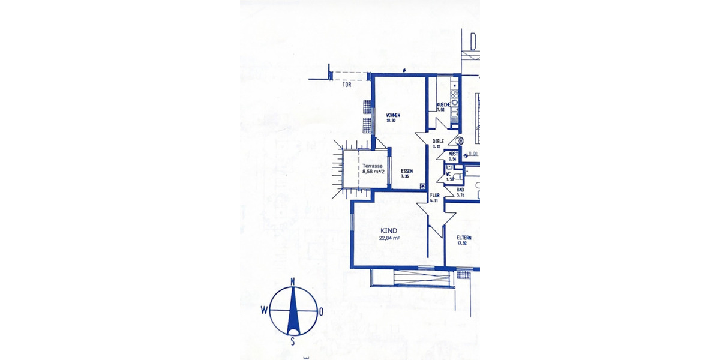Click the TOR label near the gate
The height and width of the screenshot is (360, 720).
coord(346,85)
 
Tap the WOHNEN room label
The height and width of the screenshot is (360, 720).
coord(394,115)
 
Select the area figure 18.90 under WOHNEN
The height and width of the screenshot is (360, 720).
coord(391,121)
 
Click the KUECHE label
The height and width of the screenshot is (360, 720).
coord(443,104)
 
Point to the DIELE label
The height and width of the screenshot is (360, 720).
coord(438,142)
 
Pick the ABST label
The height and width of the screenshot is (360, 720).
coord(454,154)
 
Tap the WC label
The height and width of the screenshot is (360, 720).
coord(448,175)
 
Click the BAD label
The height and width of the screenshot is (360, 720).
coord(461,190)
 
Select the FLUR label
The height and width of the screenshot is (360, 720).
coord(435,196)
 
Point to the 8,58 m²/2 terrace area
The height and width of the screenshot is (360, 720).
coord(373,172)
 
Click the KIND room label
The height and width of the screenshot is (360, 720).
coord(389,230)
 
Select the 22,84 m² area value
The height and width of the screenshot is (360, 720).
coord(389,238)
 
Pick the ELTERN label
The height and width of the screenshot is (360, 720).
coord(464,238)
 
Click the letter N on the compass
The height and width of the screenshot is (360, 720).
coord(293,281)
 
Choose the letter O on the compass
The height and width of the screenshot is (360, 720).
coord(321,311)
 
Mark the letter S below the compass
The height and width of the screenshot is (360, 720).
coord(293,341)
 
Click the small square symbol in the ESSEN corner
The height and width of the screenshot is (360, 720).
coord(423,186)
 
